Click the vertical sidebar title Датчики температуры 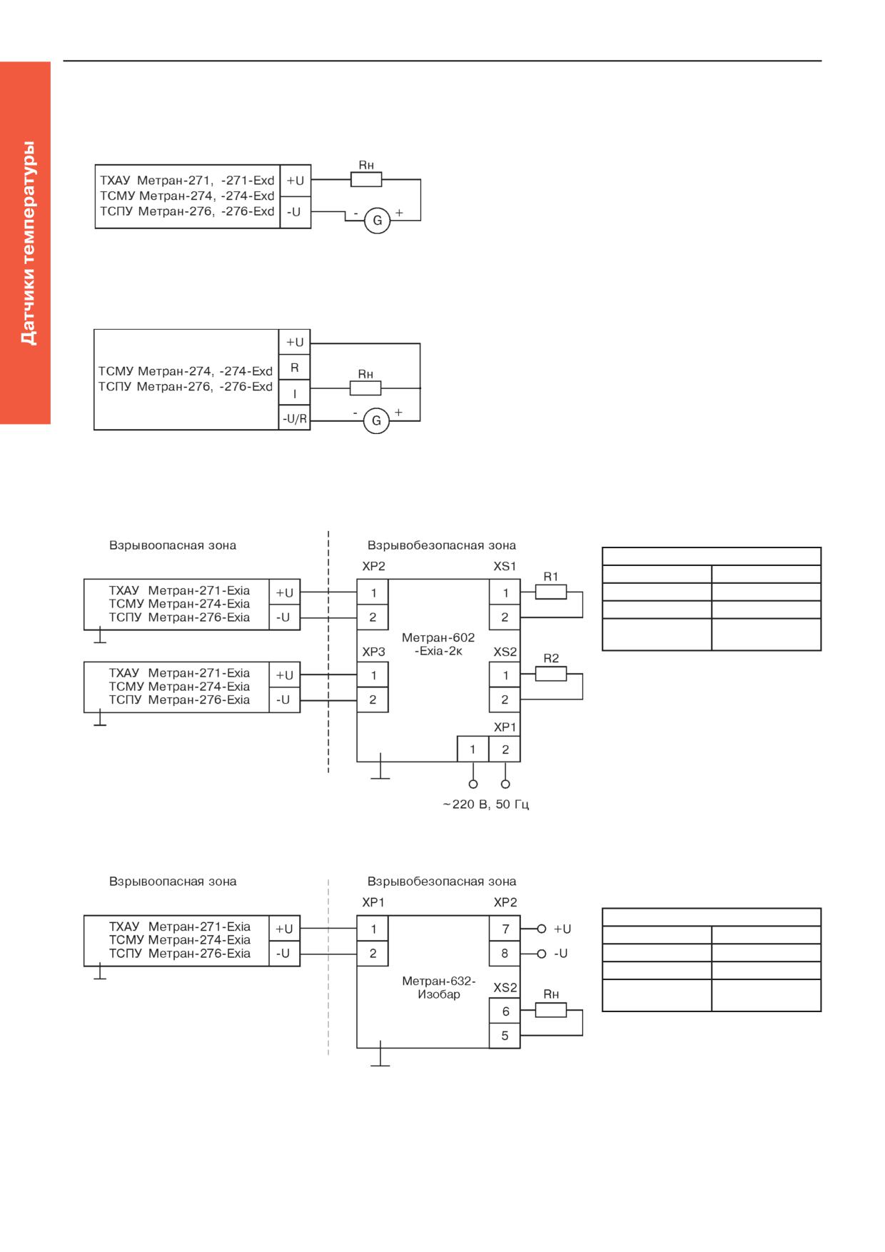pos(27,243)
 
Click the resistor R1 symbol pos(551,592)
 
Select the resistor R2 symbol pos(551,674)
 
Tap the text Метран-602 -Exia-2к pos(438,644)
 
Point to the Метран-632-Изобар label pos(438,987)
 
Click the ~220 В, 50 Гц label pos(486,804)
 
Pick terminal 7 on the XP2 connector pos(505,929)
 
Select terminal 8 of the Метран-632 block pos(505,953)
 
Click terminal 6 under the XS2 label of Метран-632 pos(505,1011)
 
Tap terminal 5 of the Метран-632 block pos(505,1036)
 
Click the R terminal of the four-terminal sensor pos(294,368)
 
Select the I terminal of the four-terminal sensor pos(294,393)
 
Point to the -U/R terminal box pos(294,418)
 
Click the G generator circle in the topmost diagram pos(378,221)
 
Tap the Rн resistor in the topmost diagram pos(366,179)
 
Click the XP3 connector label pos(373,652)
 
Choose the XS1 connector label pos(505,566)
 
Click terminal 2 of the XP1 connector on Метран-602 pos(505,749)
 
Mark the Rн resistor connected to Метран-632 pos(551,1010)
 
